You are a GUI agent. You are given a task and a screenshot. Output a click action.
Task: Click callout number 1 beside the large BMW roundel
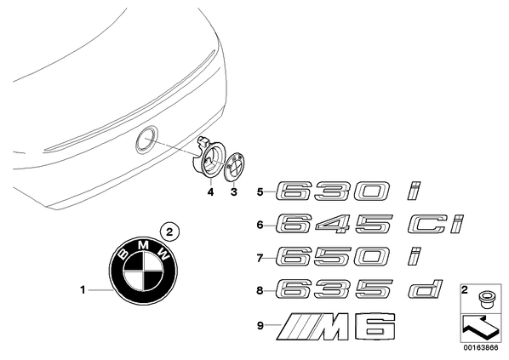[x=83, y=289]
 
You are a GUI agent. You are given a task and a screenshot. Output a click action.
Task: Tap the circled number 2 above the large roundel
[x=169, y=232]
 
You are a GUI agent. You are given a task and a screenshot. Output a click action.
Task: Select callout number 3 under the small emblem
[x=234, y=192]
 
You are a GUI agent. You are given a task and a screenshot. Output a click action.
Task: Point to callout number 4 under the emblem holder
[x=211, y=192]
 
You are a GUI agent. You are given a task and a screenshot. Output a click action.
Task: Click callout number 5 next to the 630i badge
[x=260, y=191]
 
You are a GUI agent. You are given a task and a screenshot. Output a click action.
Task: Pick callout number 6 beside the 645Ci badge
[x=260, y=225]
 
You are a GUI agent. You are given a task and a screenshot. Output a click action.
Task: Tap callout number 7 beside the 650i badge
[x=260, y=258]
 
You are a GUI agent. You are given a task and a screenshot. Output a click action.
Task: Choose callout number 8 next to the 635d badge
[x=260, y=290]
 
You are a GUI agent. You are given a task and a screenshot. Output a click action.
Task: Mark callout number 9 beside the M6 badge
[x=260, y=325]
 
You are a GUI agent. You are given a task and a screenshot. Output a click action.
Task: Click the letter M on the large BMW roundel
[x=143, y=245]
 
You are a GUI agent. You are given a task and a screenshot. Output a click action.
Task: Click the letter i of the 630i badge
[x=414, y=191]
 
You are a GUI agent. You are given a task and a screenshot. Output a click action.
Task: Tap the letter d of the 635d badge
[x=426, y=289]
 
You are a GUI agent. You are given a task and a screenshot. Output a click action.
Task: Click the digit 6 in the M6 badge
[x=375, y=327]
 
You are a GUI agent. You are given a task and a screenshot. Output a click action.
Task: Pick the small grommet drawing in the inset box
[x=484, y=300]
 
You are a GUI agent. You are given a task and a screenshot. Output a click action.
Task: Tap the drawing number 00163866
[x=481, y=348]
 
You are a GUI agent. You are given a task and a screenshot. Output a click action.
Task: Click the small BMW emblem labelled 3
[x=235, y=167]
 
